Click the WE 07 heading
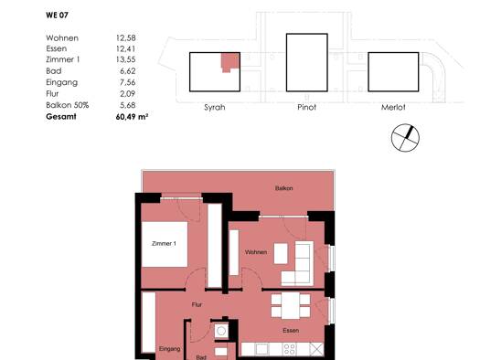point(57,15)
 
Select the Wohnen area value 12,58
point(126,38)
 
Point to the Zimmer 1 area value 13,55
point(126,59)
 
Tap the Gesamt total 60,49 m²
point(132,117)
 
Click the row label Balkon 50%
point(68,105)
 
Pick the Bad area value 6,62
point(128,71)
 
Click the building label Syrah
point(215,107)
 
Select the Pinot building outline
point(306,63)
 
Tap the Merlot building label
point(393,107)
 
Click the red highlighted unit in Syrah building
point(230,61)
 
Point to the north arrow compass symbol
point(405,138)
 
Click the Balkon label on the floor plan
point(284,188)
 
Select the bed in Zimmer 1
point(165,244)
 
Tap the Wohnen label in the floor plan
point(256,252)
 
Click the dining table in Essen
point(291,305)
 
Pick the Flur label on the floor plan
point(197,304)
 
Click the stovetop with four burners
point(289,349)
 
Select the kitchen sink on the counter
point(261,349)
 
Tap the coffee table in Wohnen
point(281,253)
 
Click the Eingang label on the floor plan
point(169,349)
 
